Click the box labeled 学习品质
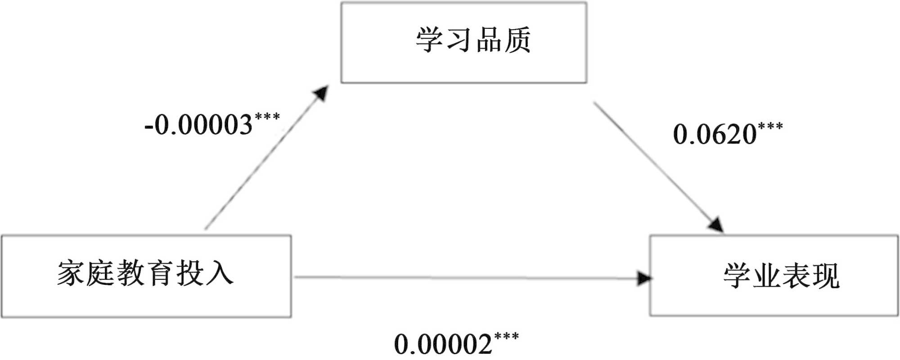463,43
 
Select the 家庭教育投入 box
146,275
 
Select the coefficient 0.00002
443,345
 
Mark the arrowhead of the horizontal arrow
644,278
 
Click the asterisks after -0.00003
267,117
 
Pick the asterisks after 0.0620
770,126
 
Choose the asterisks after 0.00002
506,336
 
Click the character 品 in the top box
489,40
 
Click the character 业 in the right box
766,275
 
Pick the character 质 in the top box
517,40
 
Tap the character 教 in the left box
130,273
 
